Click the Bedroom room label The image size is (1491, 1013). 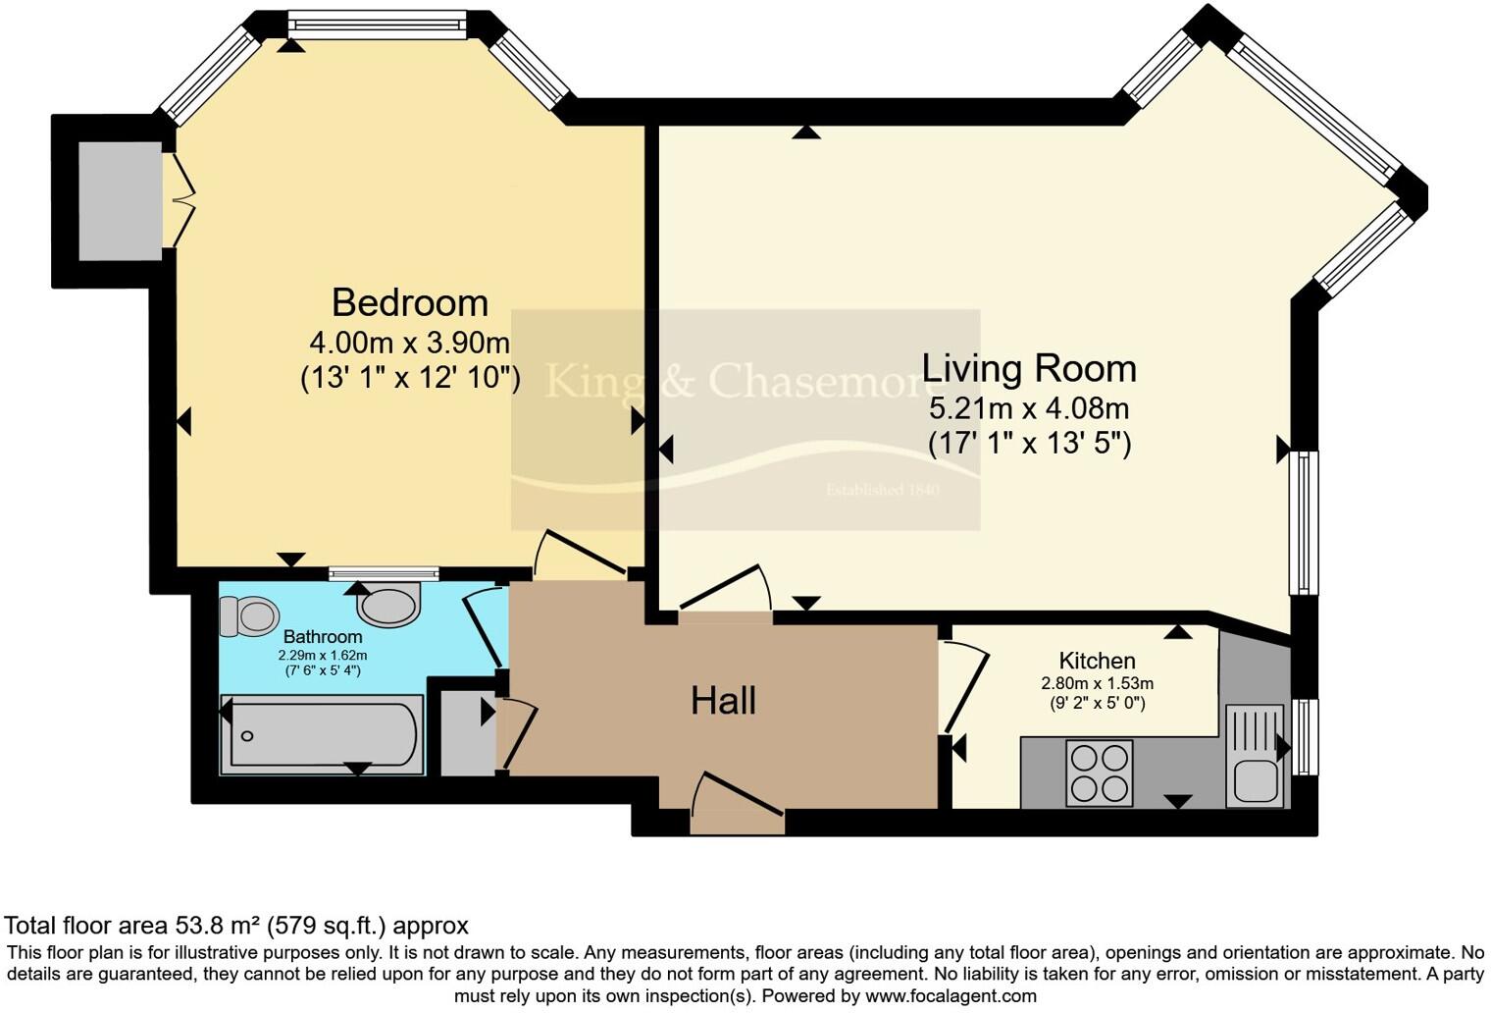pos(410,302)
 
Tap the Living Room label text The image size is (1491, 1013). pos(1029,368)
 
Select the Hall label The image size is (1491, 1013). pos(723,701)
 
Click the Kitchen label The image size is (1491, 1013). pos(1097,661)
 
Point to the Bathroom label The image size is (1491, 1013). pos(323,637)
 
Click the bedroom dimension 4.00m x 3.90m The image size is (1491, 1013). pos(410,343)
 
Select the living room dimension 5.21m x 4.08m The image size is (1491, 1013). pos(1029,407)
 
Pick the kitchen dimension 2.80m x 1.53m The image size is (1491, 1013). pos(1097,683)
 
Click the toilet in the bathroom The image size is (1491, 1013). pos(247,616)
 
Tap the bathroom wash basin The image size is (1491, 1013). pos(388,605)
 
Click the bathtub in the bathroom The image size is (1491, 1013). pos(323,734)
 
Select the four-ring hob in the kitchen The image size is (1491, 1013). pos(1100,773)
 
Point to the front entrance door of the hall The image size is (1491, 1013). pos(738,799)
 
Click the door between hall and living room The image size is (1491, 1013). pos(724,595)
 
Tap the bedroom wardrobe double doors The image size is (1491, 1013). pos(180,201)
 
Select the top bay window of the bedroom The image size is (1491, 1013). pos(378,25)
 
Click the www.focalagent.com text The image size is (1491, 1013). pos(949,996)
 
